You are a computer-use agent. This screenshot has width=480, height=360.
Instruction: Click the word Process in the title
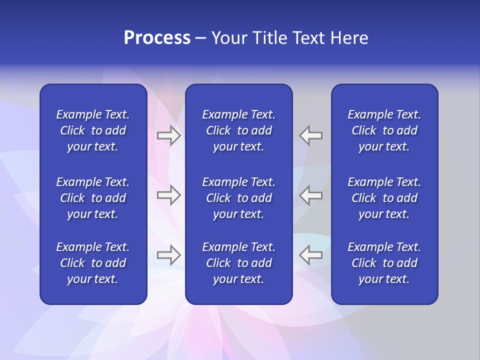(x=157, y=38)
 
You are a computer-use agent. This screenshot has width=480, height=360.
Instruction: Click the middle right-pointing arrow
(x=168, y=195)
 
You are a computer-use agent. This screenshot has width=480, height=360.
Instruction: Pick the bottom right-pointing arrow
(x=168, y=255)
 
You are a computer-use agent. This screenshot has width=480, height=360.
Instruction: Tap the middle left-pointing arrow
(x=311, y=195)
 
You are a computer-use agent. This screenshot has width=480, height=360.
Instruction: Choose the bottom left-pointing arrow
(x=311, y=255)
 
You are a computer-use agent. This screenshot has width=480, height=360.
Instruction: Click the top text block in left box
(x=93, y=130)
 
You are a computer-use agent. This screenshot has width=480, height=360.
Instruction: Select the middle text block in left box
(x=93, y=198)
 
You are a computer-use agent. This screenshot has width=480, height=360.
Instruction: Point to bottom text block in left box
(x=93, y=263)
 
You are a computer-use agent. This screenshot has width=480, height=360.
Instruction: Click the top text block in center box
(x=238, y=130)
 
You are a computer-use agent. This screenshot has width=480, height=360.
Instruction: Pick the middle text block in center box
(x=238, y=198)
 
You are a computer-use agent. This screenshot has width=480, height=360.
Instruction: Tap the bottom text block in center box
(x=238, y=263)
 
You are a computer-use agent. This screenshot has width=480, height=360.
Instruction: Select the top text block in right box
(x=384, y=130)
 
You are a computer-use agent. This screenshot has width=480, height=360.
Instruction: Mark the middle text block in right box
(x=384, y=198)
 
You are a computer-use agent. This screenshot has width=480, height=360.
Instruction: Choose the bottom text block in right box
(x=384, y=263)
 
